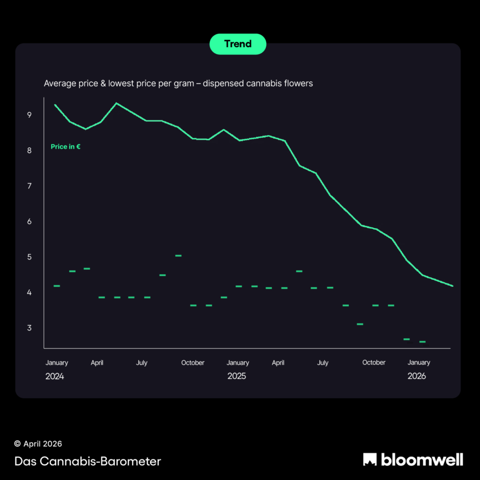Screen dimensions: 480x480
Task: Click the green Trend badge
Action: click(x=238, y=44)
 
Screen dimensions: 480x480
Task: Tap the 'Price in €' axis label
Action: click(x=66, y=147)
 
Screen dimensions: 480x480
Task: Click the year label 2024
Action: click(x=54, y=376)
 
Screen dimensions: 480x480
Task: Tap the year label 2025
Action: click(x=237, y=376)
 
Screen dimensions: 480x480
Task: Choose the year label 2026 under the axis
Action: click(x=417, y=376)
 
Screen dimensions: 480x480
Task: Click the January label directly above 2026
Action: click(x=419, y=362)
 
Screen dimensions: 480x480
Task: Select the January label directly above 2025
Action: click(x=238, y=362)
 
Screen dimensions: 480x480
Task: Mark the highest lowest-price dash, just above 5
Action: click(x=178, y=255)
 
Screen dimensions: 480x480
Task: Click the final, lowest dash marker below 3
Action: click(x=422, y=342)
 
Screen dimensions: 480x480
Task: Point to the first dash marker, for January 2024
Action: click(x=57, y=286)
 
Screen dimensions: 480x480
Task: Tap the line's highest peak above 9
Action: click(x=116, y=103)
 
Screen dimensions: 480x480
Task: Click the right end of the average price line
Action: click(x=452, y=286)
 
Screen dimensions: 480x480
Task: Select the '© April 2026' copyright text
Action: click(x=38, y=444)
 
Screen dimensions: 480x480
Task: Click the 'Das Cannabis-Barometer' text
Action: click(x=88, y=461)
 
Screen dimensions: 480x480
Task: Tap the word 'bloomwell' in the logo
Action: click(x=422, y=459)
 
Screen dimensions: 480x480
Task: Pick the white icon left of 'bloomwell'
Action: click(x=370, y=459)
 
